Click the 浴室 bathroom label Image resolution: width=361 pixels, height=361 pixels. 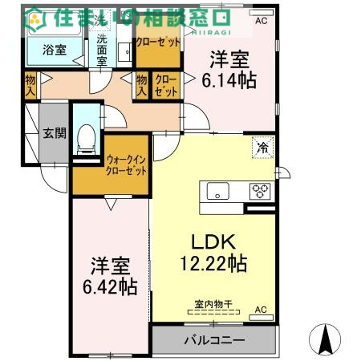click(45, 48)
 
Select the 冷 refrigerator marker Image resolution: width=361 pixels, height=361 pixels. click(262, 147)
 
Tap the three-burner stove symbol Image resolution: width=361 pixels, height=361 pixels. click(261, 191)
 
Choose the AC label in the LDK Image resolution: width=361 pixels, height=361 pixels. click(262, 309)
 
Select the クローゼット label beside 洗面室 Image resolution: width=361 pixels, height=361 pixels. click(157, 42)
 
